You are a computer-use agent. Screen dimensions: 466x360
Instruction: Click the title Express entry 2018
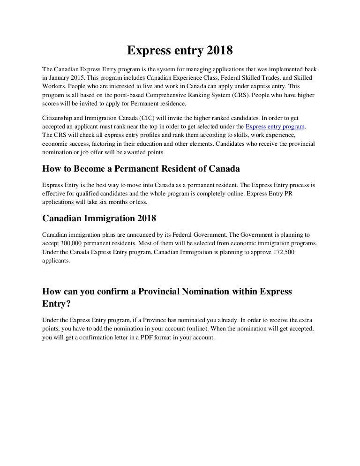coord(180,50)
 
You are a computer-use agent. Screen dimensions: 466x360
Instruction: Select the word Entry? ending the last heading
coord(56,304)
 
